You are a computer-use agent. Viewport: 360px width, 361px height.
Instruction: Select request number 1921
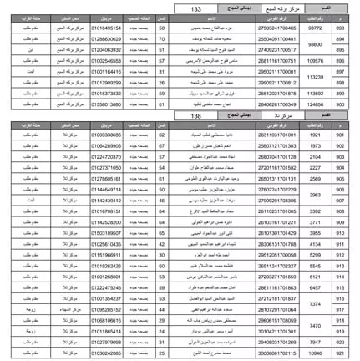pos(316,134)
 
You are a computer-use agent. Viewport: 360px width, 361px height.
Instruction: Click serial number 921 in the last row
pos(341,353)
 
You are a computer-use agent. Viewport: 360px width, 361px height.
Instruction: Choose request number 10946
pos(316,353)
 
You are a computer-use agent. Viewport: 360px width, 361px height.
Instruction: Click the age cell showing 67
pos(163,134)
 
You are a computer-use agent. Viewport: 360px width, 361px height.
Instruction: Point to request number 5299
pos(316,254)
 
